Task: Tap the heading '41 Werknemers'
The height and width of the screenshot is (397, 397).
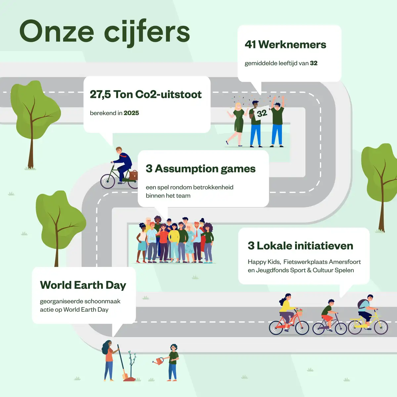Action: pos(285,44)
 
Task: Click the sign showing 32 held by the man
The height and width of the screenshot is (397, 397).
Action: pos(262,113)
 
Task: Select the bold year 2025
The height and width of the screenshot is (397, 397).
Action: pos(131,113)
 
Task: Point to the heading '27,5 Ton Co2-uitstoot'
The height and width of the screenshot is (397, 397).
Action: pos(146,94)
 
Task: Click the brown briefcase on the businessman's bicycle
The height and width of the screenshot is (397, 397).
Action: pos(133,175)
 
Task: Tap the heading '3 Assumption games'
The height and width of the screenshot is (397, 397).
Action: pos(201,169)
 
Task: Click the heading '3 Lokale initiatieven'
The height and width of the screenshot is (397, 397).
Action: pos(300,245)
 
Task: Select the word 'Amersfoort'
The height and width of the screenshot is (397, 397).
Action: pos(345,262)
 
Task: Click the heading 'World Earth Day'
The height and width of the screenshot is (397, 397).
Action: pos(83,285)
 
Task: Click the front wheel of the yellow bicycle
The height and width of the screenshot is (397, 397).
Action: pos(381,327)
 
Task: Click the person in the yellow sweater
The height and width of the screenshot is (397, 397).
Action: pos(174,243)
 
